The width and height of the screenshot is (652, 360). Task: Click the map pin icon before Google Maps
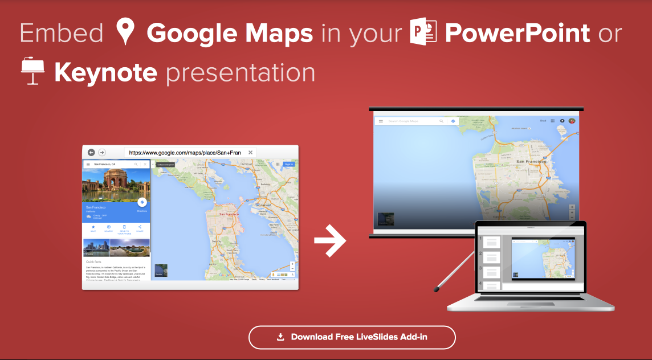click(125, 32)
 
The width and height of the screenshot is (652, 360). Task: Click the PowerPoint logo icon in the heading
click(423, 32)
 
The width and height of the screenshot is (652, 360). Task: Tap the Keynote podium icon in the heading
click(33, 71)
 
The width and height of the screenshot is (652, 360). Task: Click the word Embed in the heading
click(61, 33)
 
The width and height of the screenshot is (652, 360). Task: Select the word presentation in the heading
click(241, 73)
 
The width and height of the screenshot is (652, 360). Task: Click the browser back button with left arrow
click(91, 153)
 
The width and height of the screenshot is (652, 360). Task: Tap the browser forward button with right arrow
click(102, 153)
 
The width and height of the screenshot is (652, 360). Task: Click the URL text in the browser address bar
click(185, 153)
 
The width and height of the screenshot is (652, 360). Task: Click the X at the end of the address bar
click(251, 153)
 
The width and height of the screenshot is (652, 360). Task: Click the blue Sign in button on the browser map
click(288, 164)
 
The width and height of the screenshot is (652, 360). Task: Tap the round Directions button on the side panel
click(142, 202)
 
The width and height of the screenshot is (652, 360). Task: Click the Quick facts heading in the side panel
click(95, 261)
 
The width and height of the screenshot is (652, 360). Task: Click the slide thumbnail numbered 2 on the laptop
click(492, 256)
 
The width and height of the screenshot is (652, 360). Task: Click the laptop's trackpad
click(530, 306)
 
